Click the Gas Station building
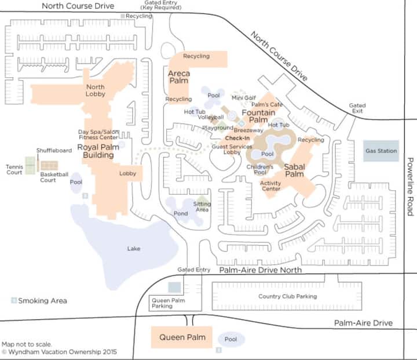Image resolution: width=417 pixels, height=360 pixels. pyautogui.click(x=381, y=151)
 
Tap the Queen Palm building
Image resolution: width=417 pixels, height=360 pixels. pyautogui.click(x=182, y=337)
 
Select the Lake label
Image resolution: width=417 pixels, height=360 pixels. pyautogui.click(x=134, y=249)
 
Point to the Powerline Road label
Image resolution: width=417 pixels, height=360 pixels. pyautogui.click(x=411, y=187)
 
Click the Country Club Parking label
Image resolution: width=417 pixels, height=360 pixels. pyautogui.click(x=287, y=296)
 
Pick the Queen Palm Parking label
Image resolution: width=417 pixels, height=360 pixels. pyautogui.click(x=169, y=303)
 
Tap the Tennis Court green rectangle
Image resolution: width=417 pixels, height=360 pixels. pyautogui.click(x=30, y=165)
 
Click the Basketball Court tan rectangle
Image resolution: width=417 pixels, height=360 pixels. pyautogui.click(x=49, y=166)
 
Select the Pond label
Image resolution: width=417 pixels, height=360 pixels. pyautogui.click(x=181, y=213)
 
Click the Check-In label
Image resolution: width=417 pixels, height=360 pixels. pyautogui.click(x=237, y=138)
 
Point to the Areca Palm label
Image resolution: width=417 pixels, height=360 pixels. pyautogui.click(x=179, y=77)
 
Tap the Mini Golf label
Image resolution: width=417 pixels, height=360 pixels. pyautogui.click(x=244, y=98)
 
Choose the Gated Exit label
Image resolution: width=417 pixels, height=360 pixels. pyautogui.click(x=357, y=108)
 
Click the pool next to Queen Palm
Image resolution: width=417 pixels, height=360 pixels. pyautogui.click(x=231, y=339)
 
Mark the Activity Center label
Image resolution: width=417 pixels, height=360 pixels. pyautogui.click(x=270, y=186)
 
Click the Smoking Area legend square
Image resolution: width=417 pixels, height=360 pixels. pyautogui.click(x=14, y=300)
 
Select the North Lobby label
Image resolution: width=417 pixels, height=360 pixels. pyautogui.click(x=96, y=90)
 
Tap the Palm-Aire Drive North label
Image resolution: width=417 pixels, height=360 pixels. pyautogui.click(x=261, y=270)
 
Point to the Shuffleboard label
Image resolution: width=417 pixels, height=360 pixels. pyautogui.click(x=54, y=151)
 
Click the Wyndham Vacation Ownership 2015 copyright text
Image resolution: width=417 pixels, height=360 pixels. pyautogui.click(x=59, y=352)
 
